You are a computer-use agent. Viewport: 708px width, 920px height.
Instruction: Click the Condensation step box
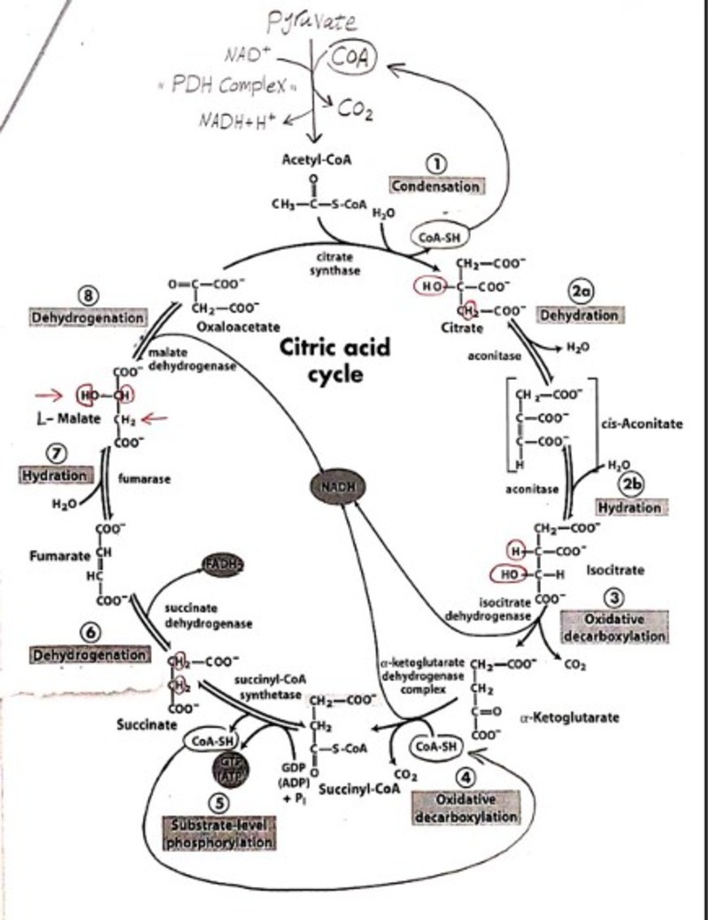[x=437, y=186]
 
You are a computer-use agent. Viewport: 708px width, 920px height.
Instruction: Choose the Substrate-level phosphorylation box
[x=219, y=833]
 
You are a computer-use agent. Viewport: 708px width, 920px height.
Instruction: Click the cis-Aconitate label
[x=642, y=423]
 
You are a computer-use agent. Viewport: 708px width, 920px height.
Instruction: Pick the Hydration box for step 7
[x=55, y=475]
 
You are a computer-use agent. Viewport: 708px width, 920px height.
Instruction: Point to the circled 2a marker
[x=580, y=292]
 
